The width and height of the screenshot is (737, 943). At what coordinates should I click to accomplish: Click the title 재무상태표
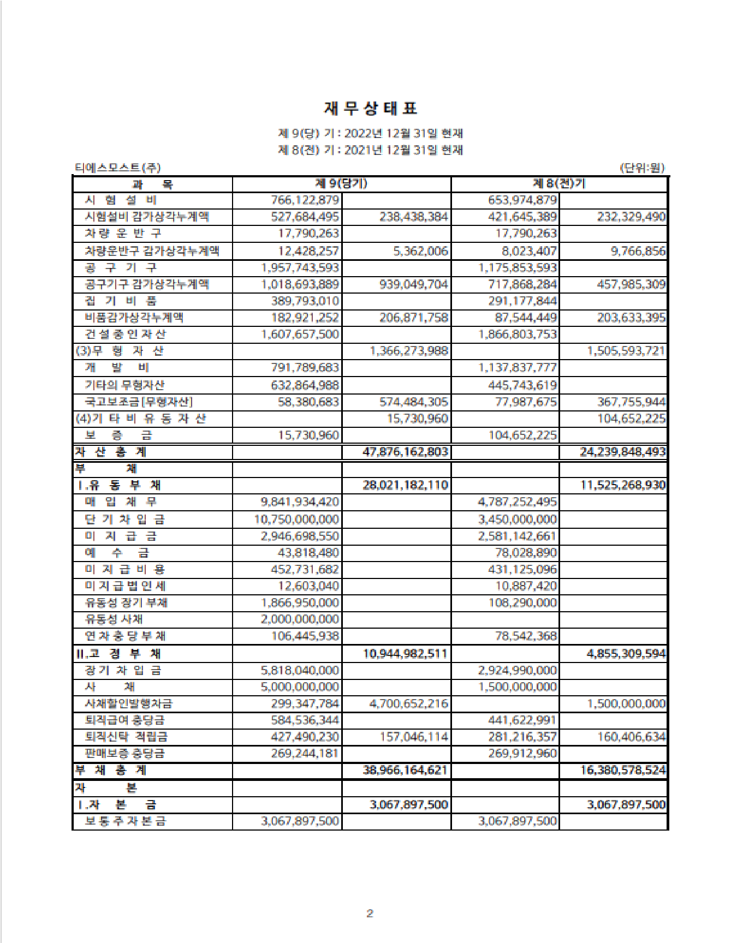(371, 109)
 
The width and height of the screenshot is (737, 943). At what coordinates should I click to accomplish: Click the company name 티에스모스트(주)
(117, 168)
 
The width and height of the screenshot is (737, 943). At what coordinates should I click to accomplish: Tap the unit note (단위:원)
(642, 168)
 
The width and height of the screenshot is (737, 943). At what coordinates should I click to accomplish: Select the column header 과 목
(152, 184)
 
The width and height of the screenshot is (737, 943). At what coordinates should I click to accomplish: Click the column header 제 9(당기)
(341, 184)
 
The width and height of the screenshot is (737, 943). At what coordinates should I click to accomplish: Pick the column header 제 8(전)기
(559, 184)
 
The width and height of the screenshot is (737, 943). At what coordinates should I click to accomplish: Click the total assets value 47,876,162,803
(406, 452)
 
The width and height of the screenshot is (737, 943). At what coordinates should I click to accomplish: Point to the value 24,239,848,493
(623, 452)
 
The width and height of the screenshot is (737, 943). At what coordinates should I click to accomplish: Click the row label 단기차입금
(124, 519)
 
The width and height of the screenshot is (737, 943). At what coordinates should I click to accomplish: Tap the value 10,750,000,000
(296, 519)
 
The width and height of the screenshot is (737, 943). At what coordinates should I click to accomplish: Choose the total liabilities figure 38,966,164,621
(406, 770)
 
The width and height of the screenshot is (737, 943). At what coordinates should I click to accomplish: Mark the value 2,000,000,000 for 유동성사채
(300, 619)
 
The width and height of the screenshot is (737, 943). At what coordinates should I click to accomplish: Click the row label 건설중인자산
(126, 334)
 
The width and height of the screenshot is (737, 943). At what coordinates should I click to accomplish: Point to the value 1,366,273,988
(409, 351)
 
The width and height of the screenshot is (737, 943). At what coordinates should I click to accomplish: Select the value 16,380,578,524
(623, 770)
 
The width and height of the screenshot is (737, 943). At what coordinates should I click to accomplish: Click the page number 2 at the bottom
(370, 914)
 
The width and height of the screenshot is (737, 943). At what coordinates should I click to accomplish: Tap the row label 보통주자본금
(126, 821)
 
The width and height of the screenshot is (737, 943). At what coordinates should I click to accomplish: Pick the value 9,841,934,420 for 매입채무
(300, 502)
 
